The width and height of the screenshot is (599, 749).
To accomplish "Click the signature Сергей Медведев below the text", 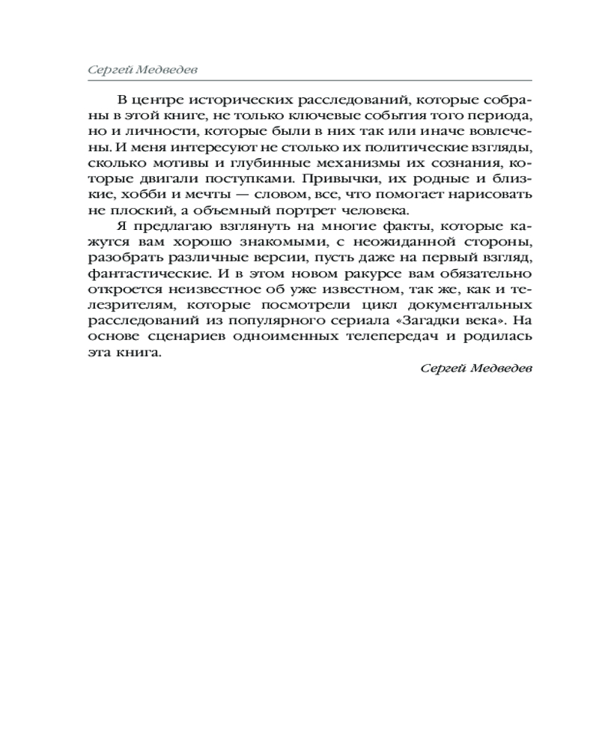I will click(476, 369).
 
